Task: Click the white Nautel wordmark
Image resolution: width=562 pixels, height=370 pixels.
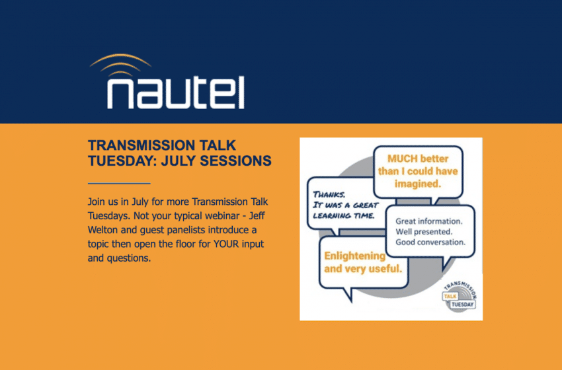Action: tap(176, 92)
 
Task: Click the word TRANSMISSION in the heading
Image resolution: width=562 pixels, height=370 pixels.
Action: tap(137, 145)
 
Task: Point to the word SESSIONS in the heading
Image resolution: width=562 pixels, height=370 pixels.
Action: tap(235, 161)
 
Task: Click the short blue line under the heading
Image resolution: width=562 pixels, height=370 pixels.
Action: tap(119, 184)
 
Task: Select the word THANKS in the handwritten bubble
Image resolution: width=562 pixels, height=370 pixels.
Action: tap(329, 194)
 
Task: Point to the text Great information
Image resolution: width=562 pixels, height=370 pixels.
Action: tap(429, 221)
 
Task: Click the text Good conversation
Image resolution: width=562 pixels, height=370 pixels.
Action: tap(430, 242)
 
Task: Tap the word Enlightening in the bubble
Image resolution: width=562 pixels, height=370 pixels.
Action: tap(354, 256)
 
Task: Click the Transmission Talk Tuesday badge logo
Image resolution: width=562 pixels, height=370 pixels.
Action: tap(460, 296)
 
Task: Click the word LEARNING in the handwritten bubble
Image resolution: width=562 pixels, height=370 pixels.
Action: tap(332, 215)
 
